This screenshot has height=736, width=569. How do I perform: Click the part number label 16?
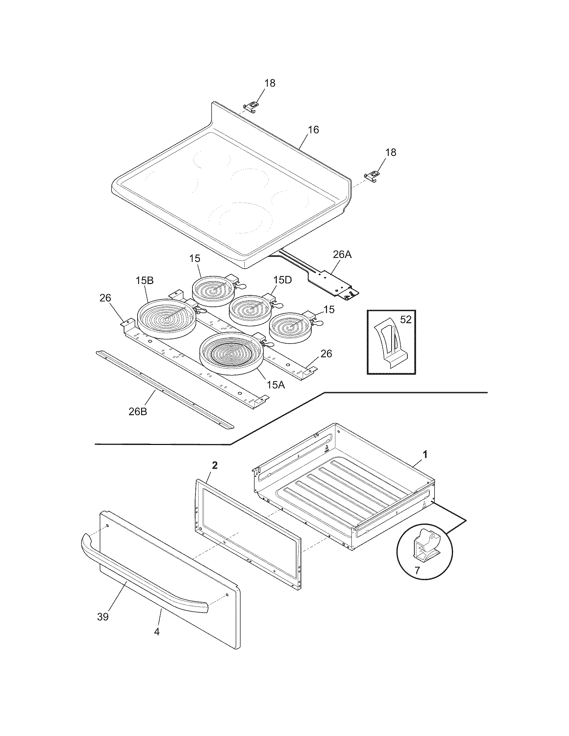tap(313, 130)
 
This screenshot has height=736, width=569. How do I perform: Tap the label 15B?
tap(145, 281)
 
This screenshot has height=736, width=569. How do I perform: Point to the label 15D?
tap(282, 280)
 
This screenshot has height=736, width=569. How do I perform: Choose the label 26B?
tap(138, 411)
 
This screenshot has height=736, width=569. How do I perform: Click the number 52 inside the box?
tap(406, 319)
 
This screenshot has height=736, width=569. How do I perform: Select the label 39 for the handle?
tap(103, 617)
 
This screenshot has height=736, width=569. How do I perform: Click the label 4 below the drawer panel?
tap(157, 632)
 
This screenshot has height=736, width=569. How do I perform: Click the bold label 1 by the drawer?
tap(425, 455)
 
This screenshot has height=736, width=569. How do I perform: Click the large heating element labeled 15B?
tap(167, 318)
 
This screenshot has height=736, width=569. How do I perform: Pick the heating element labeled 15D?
tap(249, 310)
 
